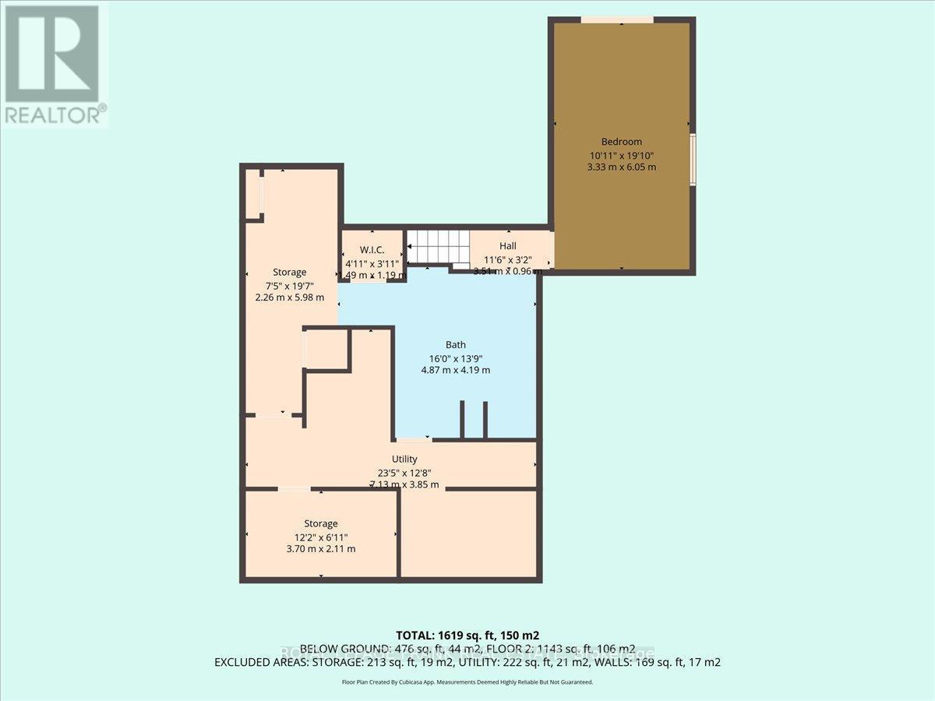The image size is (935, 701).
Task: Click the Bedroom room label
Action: click(621, 142)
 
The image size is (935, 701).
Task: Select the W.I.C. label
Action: click(372, 250)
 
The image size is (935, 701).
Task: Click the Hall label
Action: click(507, 246)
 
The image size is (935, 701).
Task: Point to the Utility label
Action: click(404, 459)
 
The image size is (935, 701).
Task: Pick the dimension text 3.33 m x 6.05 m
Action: click(622, 167)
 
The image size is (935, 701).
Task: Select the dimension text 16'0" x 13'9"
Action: click(455, 358)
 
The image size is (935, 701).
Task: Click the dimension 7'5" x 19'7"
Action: click(289, 285)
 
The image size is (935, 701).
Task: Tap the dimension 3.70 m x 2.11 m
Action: click(321, 548)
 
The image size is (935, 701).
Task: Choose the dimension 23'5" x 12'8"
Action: click(404, 472)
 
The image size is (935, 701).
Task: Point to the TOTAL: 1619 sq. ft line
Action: click(467, 635)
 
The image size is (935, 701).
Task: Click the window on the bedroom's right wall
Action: click(692, 159)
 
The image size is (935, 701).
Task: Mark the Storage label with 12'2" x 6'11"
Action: click(321, 523)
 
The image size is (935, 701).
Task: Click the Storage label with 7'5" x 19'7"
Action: click(289, 272)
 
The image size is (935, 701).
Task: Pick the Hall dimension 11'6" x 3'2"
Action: click(507, 259)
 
